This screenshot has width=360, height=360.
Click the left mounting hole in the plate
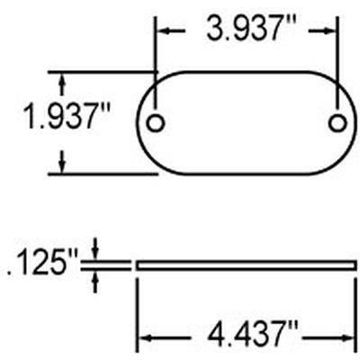click(x=157, y=122)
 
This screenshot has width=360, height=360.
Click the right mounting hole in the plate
click(x=337, y=122)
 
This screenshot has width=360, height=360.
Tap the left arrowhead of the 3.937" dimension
click(x=164, y=30)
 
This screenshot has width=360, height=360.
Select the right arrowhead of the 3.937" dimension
click(x=331, y=30)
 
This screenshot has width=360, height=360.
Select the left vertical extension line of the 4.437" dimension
click(x=136, y=306)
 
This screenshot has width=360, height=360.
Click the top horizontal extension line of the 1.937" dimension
click(x=99, y=71)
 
